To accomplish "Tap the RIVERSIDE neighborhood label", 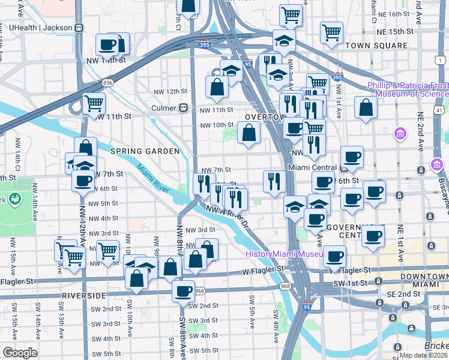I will click(x=80, y=296).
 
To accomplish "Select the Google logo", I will click(x=20, y=353).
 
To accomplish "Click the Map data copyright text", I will click(x=423, y=355).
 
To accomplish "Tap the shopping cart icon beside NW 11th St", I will click(x=94, y=103).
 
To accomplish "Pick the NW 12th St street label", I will click(x=169, y=91).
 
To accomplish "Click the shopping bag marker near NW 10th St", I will click(x=249, y=132).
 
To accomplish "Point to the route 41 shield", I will click(x=440, y=110).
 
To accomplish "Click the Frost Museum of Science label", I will click(x=412, y=90).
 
